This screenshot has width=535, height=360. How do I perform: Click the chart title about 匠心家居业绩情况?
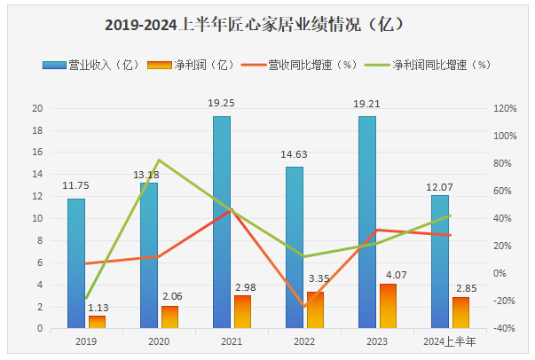point(266,24)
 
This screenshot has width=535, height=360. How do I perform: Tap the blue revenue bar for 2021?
point(221,222)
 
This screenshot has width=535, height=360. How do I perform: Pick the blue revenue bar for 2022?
point(294,247)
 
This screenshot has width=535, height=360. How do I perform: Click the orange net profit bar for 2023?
point(388,306)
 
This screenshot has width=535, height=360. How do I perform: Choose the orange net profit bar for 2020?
point(169,317)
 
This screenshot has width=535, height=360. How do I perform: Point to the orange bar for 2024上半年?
point(460,312)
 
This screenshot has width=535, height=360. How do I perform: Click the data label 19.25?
point(221,104)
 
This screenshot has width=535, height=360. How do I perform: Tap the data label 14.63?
point(294,154)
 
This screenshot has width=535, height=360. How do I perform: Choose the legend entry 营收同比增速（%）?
point(311,65)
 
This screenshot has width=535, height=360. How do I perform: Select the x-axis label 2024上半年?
point(450,341)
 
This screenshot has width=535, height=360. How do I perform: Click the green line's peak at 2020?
point(159,160)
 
